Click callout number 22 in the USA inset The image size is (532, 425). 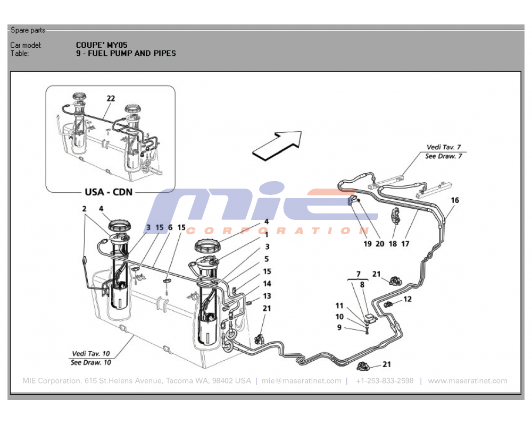(111, 99)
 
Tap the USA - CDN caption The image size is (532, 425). (109, 192)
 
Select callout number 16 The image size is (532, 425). (455, 201)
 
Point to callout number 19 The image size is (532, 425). (368, 244)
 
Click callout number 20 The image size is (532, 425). (380, 244)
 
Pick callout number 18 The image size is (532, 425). (393, 244)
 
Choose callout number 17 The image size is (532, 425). (405, 244)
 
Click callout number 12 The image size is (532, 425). (408, 300)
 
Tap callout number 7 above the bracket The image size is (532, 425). (358, 274)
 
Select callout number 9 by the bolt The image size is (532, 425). (339, 327)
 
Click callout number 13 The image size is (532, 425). (267, 296)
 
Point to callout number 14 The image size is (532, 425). (267, 284)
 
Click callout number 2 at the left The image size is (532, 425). (84, 209)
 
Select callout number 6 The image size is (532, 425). (170, 227)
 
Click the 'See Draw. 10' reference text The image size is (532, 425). (91, 362)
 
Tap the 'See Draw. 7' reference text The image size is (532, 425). (444, 156)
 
